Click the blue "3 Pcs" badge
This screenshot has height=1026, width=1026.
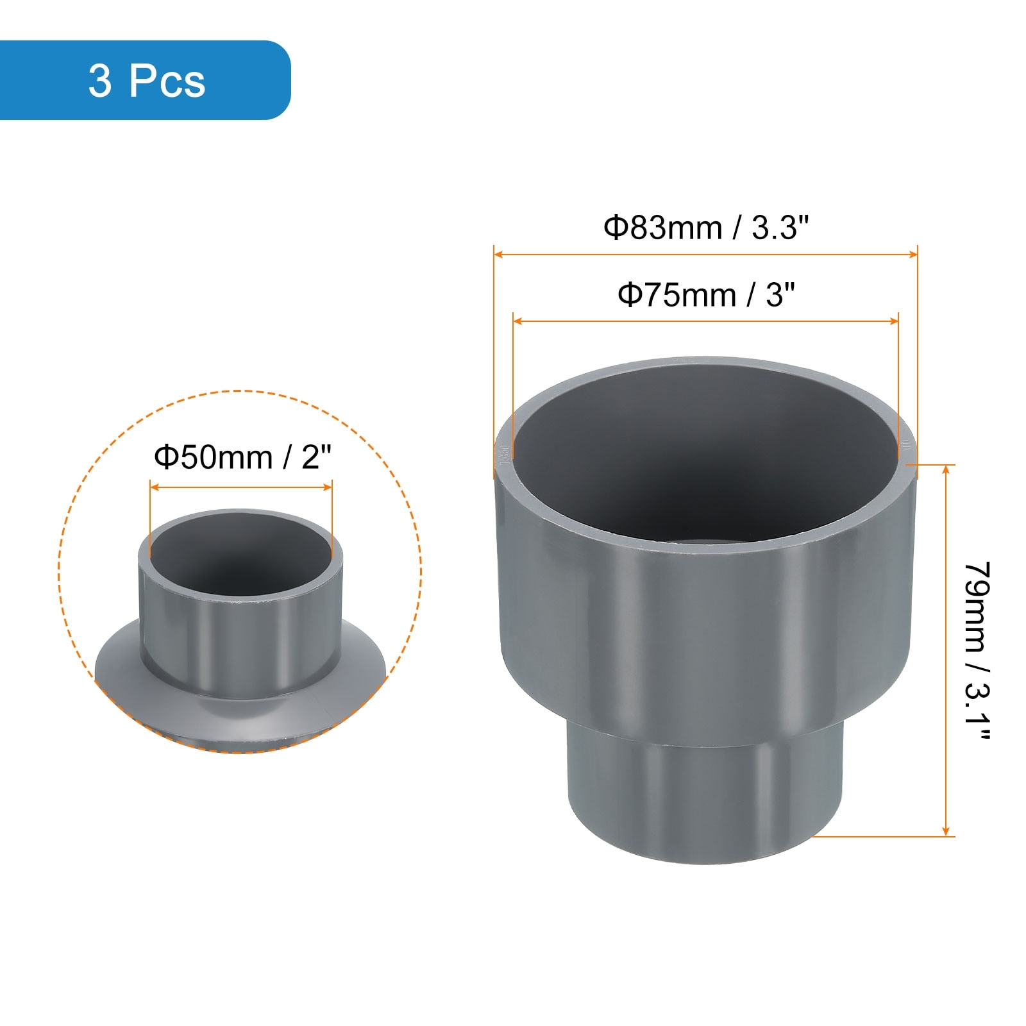tap(144, 80)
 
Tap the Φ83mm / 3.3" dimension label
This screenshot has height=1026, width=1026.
tap(706, 228)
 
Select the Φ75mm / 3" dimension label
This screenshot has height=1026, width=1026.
tap(706, 295)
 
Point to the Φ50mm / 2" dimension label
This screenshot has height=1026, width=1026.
tap(242, 457)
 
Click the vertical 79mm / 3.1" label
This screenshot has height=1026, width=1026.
tap(977, 651)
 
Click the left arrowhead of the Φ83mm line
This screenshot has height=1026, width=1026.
tap(498, 255)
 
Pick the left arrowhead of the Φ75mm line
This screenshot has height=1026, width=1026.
tap(518, 321)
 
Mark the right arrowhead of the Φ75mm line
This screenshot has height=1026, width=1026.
tap(893, 321)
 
